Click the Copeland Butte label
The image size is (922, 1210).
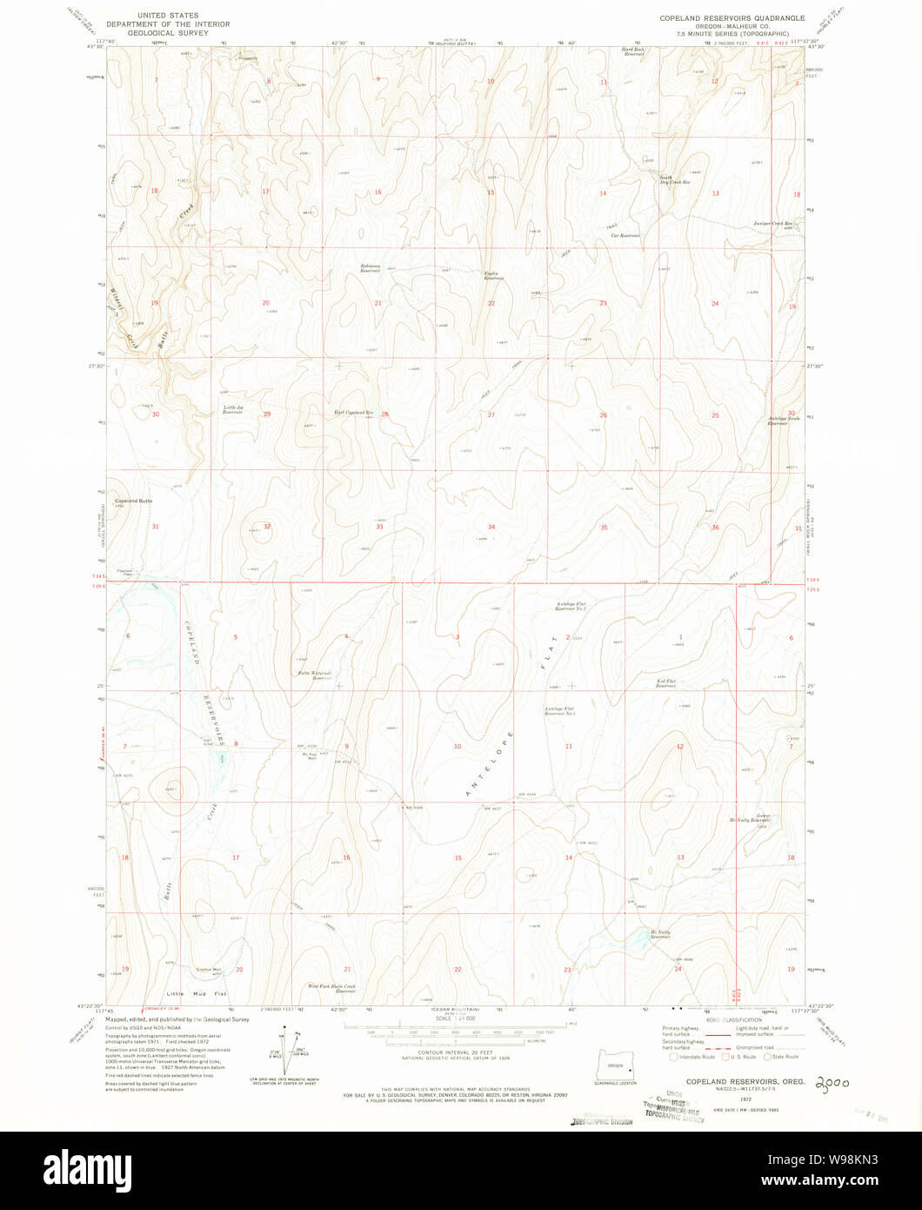134,501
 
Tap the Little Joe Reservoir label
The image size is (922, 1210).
232,409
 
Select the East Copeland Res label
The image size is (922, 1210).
354,412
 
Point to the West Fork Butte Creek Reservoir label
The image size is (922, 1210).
332,988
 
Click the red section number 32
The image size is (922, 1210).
267,527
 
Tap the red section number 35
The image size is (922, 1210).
604,528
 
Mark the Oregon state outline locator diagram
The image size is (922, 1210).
614,1064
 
